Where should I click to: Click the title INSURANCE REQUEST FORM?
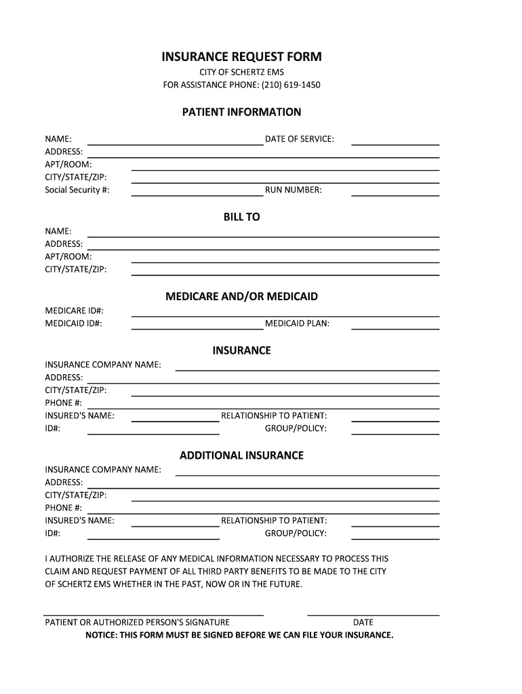click(x=241, y=57)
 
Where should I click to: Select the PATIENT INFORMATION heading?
click(x=241, y=112)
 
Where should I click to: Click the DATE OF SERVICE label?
click(x=299, y=139)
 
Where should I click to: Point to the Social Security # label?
click(x=77, y=190)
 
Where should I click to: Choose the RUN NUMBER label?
click(x=294, y=190)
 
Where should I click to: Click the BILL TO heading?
click(x=241, y=218)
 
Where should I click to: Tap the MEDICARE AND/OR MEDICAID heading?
click(x=241, y=297)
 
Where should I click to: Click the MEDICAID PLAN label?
click(x=297, y=323)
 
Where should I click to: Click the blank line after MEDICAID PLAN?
click(x=395, y=328)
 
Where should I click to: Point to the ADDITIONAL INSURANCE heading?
click(x=241, y=455)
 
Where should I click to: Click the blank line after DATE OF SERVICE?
click(x=395, y=144)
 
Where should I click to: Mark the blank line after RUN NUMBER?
click(x=395, y=195)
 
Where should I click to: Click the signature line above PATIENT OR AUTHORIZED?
click(x=154, y=615)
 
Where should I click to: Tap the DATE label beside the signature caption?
click(x=363, y=622)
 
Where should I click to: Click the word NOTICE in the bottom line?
click(x=102, y=635)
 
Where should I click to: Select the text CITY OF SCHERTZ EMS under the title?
click(x=241, y=73)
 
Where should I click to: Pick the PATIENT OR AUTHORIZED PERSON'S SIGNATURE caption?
click(x=137, y=622)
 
